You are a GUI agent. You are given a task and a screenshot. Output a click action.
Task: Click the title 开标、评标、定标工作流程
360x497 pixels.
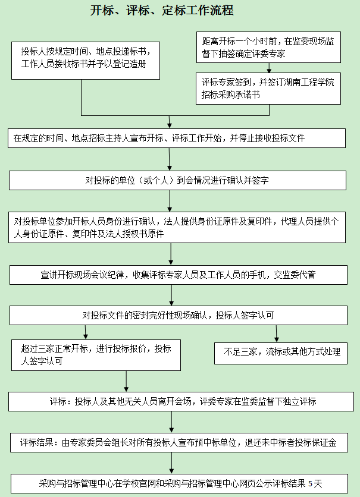161,11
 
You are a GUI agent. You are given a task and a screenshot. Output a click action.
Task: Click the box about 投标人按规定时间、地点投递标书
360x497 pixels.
87,59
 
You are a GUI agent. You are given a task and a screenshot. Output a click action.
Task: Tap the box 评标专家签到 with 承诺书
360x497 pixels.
268,88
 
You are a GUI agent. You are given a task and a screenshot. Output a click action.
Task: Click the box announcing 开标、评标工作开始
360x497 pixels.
177,138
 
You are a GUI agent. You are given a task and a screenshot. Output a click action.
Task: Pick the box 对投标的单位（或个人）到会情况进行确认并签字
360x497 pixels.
177,181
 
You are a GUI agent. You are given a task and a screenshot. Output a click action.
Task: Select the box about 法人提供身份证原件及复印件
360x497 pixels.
177,227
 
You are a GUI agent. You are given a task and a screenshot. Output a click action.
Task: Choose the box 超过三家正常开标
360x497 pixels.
95,354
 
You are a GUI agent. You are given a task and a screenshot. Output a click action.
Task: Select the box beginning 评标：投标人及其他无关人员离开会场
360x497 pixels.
177,402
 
